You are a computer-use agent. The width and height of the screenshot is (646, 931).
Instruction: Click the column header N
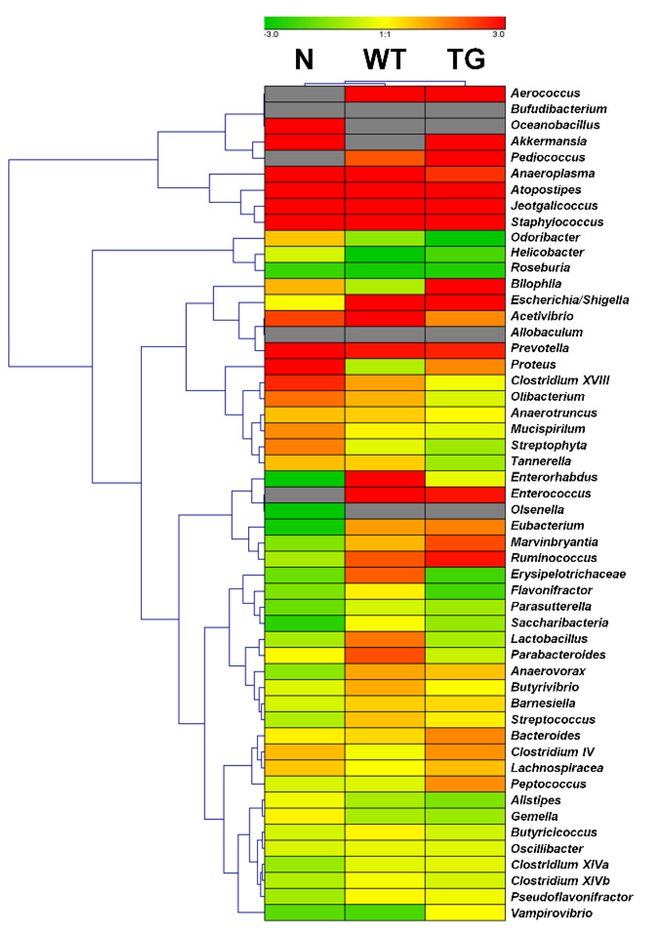(304, 59)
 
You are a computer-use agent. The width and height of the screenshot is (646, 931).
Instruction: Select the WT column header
(385, 59)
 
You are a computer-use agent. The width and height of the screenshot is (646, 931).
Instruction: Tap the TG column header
(466, 59)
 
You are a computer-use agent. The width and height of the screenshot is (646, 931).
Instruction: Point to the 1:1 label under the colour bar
(385, 34)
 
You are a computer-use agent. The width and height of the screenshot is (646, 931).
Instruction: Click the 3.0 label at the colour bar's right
(498, 34)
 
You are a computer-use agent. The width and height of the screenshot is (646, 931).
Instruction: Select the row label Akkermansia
(548, 141)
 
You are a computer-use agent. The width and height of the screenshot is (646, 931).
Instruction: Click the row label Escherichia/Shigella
(569, 300)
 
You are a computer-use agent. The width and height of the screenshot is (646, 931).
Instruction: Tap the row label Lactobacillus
(549, 639)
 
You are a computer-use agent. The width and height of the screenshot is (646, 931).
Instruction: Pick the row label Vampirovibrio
(551, 913)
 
